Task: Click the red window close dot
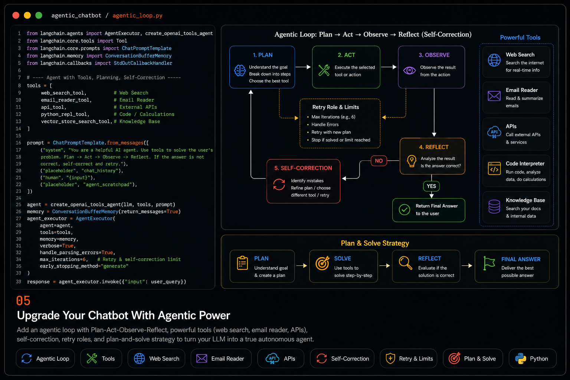[x=16, y=15]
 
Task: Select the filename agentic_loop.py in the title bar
[x=137, y=16]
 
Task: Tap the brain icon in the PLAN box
[x=240, y=71]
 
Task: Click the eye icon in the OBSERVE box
[x=409, y=70]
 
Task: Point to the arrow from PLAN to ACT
[x=303, y=67]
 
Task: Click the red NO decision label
[x=379, y=161]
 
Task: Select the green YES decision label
[x=431, y=186]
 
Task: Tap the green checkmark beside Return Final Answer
[x=404, y=210]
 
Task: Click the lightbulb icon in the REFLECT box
[x=412, y=161]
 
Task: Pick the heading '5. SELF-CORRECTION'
[x=303, y=168]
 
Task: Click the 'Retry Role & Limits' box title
[x=335, y=107]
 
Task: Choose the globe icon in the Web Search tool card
[x=494, y=60]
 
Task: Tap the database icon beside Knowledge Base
[x=494, y=206]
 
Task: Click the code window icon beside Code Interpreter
[x=494, y=168]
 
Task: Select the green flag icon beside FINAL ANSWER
[x=489, y=263]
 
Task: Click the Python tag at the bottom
[x=533, y=358]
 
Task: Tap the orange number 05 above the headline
[x=23, y=301]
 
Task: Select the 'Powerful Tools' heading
[x=520, y=37]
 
